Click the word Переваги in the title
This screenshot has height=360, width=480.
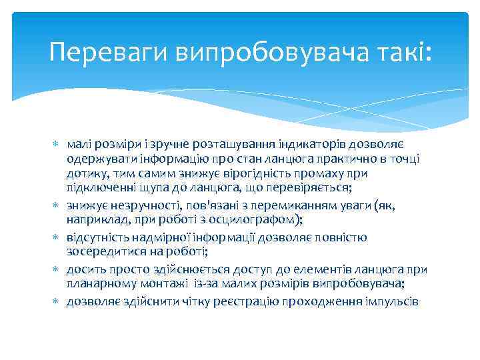[x=109, y=53]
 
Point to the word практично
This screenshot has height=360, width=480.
[x=345, y=158]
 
